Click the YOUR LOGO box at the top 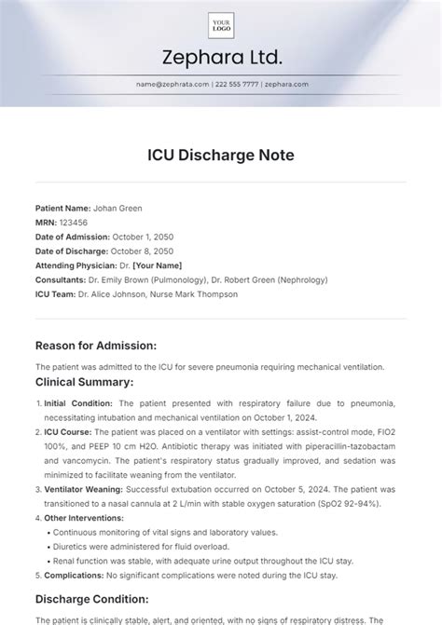pyautogui.click(x=221, y=25)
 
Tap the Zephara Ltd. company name pyautogui.click(x=221, y=59)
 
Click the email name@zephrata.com pyautogui.click(x=170, y=84)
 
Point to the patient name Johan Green pyautogui.click(x=119, y=207)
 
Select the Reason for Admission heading pyautogui.click(x=104, y=345)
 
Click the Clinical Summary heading pyautogui.click(x=85, y=382)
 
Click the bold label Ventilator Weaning pyautogui.click(x=82, y=476)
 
